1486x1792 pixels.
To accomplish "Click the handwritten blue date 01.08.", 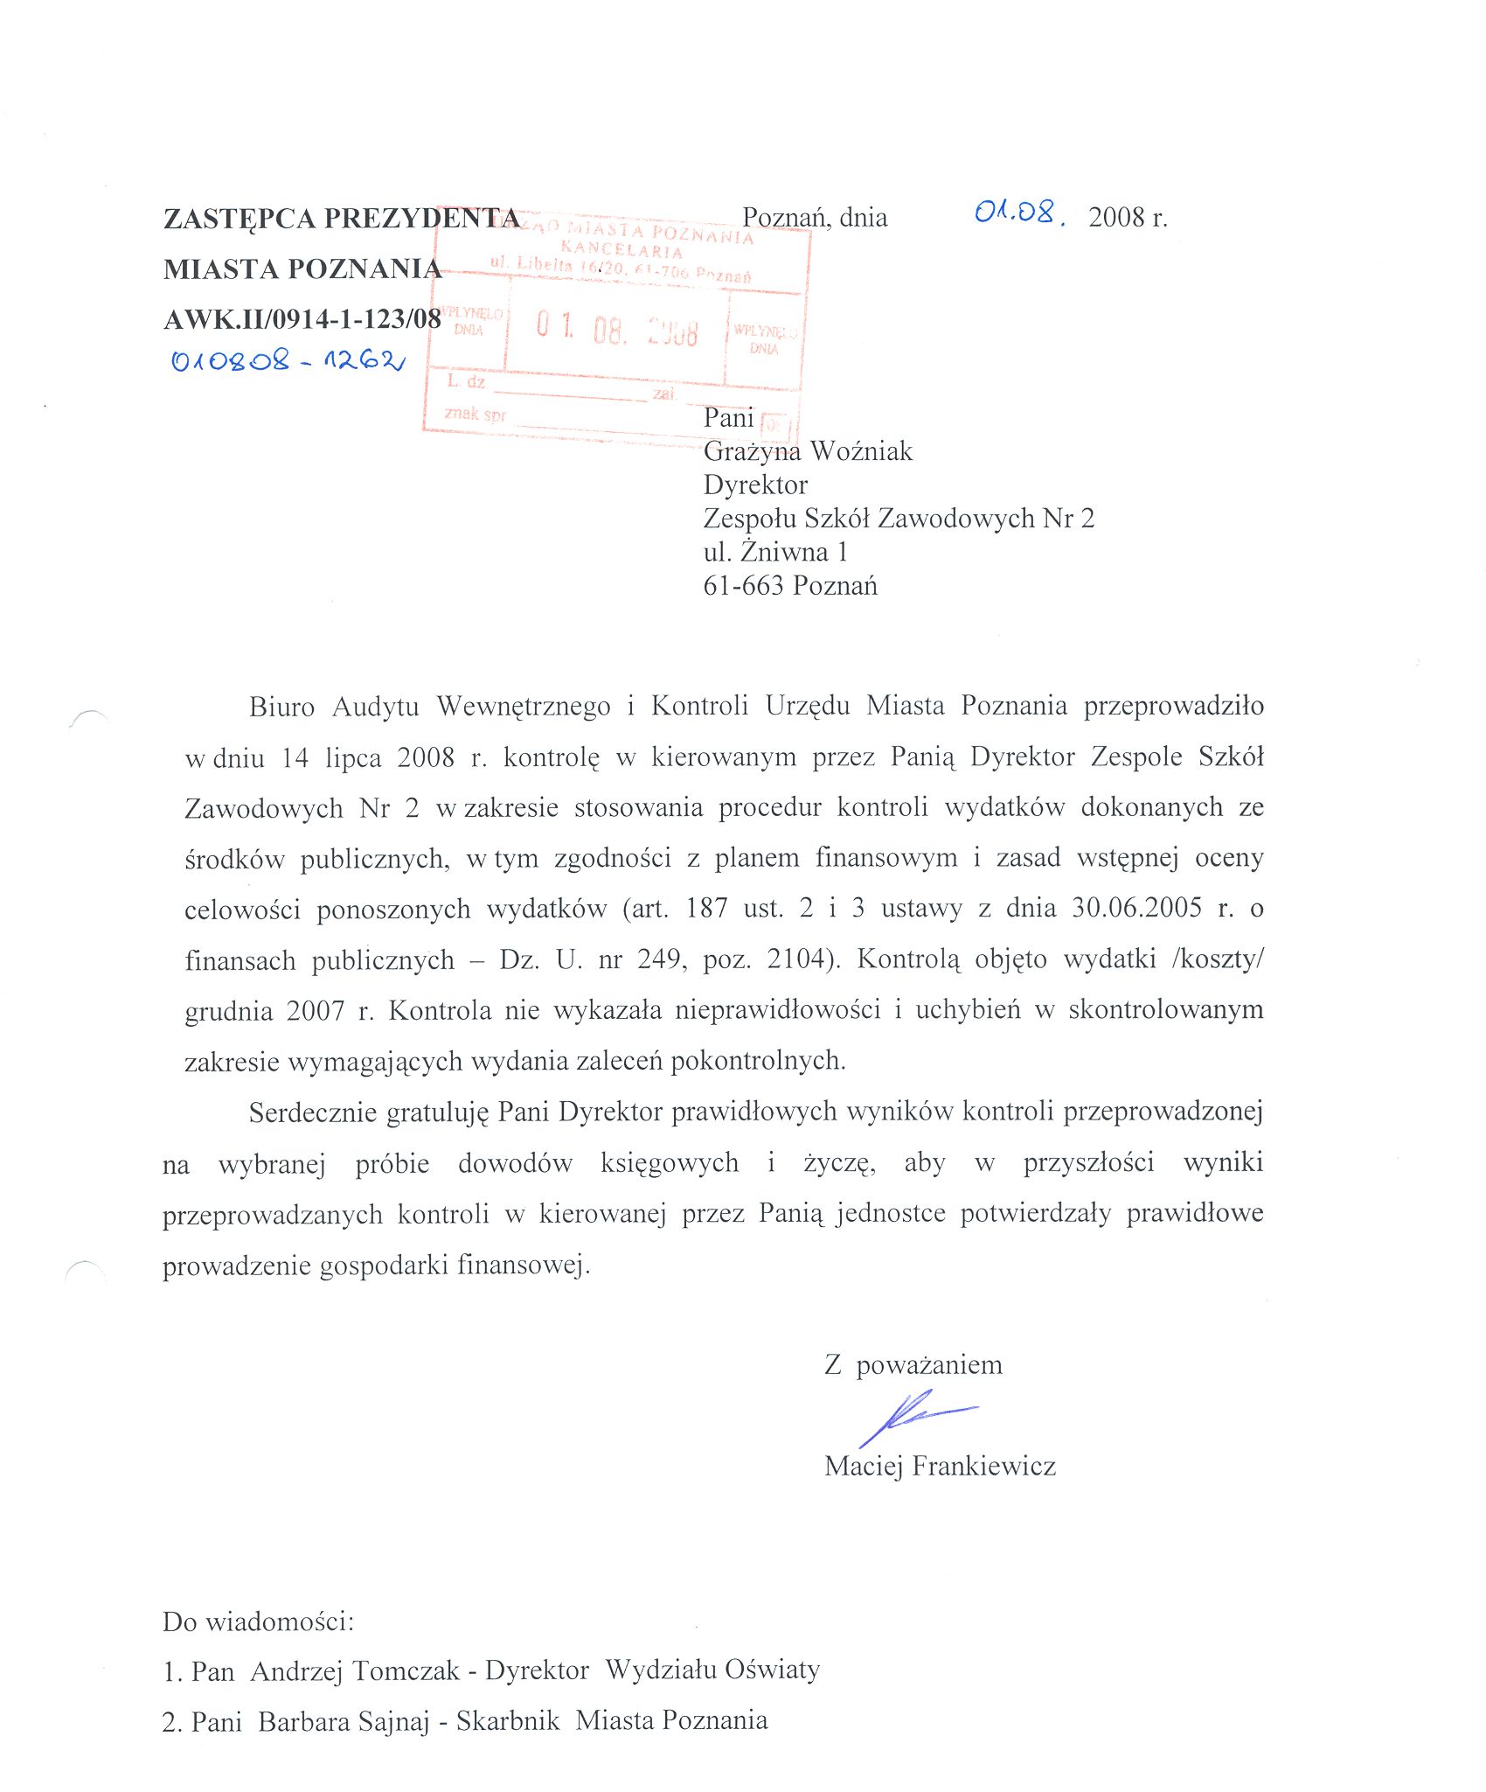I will [1019, 213].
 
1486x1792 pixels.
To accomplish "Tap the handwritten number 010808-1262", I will [288, 359].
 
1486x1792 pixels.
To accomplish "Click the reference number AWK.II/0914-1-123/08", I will [302, 319].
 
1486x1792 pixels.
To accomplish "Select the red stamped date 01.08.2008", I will [617, 330].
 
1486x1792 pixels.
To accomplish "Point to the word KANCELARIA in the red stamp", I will [621, 250].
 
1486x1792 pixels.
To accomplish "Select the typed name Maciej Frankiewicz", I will [940, 1466].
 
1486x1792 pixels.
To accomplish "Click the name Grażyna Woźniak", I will [808, 451].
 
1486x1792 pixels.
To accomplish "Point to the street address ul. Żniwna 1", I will [775, 552].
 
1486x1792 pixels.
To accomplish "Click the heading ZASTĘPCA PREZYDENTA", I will [342, 218].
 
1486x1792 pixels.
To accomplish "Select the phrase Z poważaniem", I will [913, 1365].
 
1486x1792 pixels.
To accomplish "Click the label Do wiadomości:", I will [259, 1621].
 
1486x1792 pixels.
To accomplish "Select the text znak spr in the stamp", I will [475, 414].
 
